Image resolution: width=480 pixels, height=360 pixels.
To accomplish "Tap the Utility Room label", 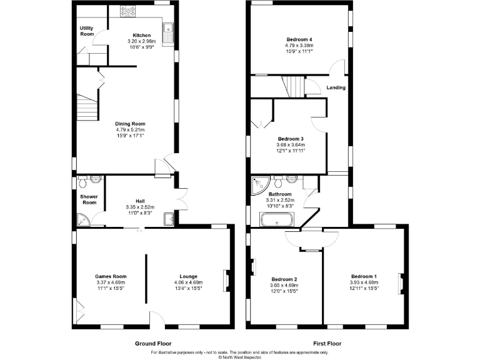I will click(x=86, y=31).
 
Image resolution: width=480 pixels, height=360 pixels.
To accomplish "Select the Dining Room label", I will click(x=130, y=124).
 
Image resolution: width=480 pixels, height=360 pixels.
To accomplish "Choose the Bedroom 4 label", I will click(x=299, y=39).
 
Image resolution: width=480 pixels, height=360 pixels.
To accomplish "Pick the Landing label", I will click(x=336, y=87).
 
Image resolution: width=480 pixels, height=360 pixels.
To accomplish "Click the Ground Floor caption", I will click(x=153, y=344).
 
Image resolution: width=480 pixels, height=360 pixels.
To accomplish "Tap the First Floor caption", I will click(x=327, y=344).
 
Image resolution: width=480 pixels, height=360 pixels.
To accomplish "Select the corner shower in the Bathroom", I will click(x=257, y=184).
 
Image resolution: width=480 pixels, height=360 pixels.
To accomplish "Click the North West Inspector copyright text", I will click(x=239, y=357).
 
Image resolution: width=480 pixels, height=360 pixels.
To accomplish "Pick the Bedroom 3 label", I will click(x=291, y=139).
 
